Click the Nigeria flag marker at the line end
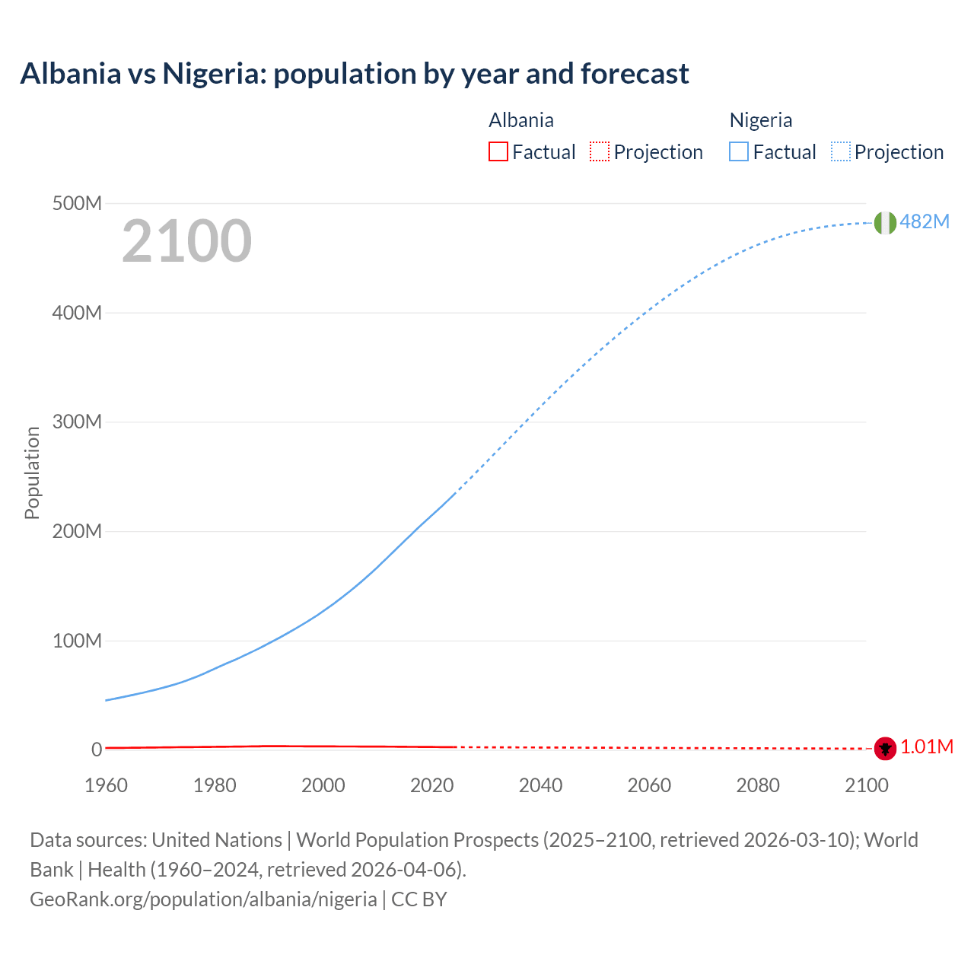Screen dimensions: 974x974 coord(884,222)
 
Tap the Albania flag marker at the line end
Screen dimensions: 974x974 coord(884,748)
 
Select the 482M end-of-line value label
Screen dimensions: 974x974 coord(925,221)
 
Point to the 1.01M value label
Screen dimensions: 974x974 coord(927,747)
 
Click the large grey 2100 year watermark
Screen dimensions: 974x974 coord(186,241)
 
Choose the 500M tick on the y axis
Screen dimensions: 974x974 coord(77,204)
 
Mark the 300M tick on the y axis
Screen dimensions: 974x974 coord(77,422)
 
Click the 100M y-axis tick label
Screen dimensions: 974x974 coord(77,641)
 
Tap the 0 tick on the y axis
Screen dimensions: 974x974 coord(97,750)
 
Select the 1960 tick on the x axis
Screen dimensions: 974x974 coord(106,785)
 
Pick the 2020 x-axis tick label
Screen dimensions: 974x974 coord(431,785)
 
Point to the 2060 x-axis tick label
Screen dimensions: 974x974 coord(649,785)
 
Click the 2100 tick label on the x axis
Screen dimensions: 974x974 coord(866,785)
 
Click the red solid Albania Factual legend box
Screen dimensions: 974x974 coord(498,152)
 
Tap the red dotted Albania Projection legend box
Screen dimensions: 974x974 coord(600,152)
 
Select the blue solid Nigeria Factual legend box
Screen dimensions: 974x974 coord(738,152)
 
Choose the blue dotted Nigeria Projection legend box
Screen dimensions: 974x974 coord(840,152)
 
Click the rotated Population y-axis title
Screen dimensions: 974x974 coord(32,473)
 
